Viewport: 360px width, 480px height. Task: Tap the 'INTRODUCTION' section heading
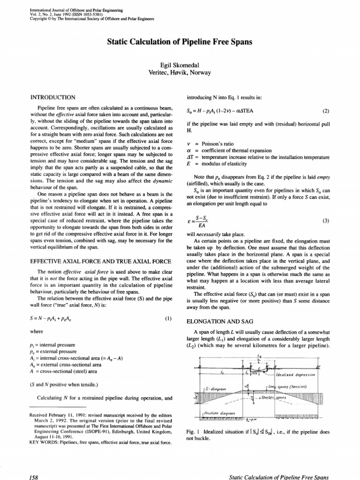[52, 97]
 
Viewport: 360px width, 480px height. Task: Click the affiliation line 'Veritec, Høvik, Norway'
[180, 73]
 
